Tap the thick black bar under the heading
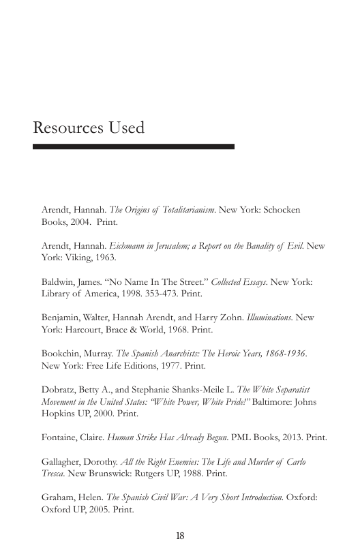[134, 146]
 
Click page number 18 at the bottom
[180, 536]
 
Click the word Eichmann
[129, 246]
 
